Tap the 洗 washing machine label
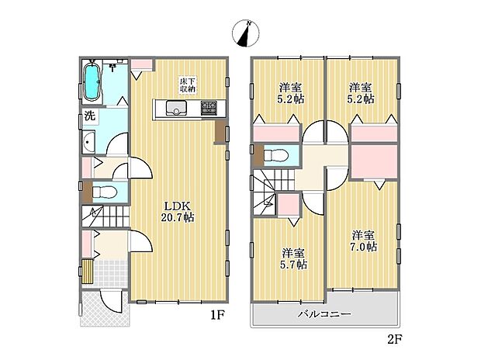tap(89, 118)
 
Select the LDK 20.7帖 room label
tap(178, 212)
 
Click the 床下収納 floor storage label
tap(188, 85)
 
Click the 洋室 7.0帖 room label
tap(362, 241)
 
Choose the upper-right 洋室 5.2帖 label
tap(362, 93)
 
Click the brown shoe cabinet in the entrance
tap(88, 271)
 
